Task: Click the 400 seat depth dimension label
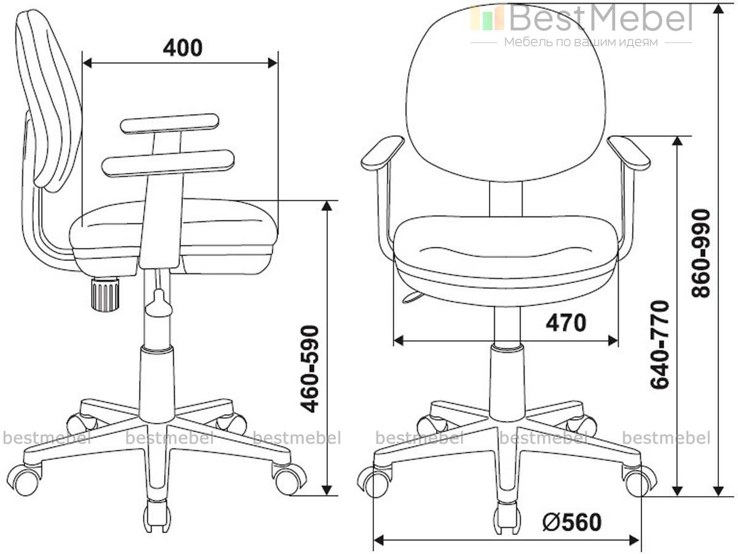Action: (x=183, y=48)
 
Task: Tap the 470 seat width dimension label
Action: (x=566, y=323)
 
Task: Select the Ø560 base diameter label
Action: (x=572, y=523)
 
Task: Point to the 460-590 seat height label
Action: (x=309, y=369)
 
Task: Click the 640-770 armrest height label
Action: (x=659, y=345)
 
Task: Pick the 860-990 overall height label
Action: (x=700, y=253)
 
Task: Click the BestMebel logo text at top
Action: (x=601, y=18)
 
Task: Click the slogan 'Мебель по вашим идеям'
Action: (x=581, y=42)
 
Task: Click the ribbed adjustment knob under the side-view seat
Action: (x=105, y=293)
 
